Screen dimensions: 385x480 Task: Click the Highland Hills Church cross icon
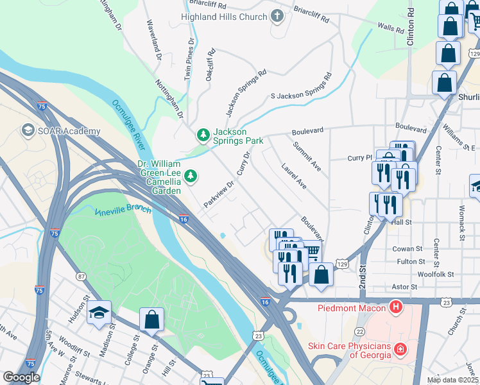(x=277, y=16)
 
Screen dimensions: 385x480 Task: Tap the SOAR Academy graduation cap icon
(x=28, y=131)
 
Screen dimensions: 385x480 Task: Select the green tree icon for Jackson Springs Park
(x=203, y=134)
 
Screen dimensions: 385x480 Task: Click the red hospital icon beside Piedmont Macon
(x=396, y=307)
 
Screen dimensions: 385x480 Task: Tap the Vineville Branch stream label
(x=123, y=210)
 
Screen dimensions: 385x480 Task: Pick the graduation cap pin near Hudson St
(x=99, y=312)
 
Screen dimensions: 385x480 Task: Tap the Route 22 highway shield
(x=360, y=330)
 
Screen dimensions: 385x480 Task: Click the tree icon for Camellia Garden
(x=191, y=175)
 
